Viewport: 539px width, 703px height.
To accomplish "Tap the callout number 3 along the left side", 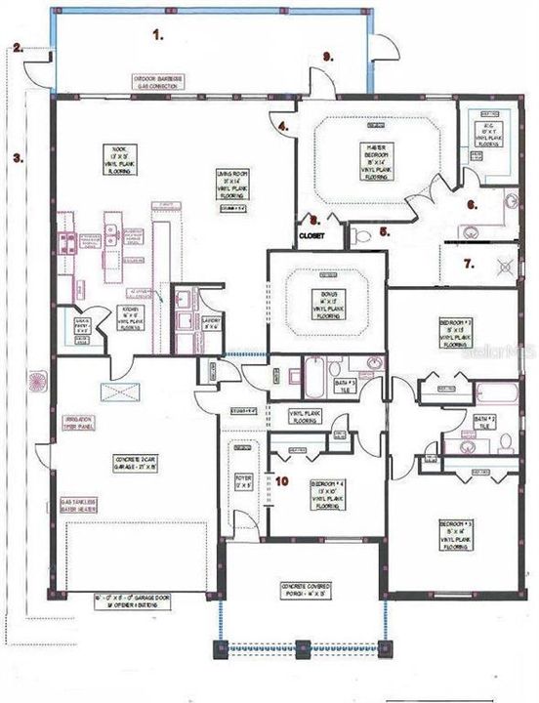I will (x=17, y=155).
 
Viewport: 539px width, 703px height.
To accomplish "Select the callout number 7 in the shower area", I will (x=468, y=264).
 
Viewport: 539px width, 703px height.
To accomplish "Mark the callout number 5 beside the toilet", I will (x=385, y=232).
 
